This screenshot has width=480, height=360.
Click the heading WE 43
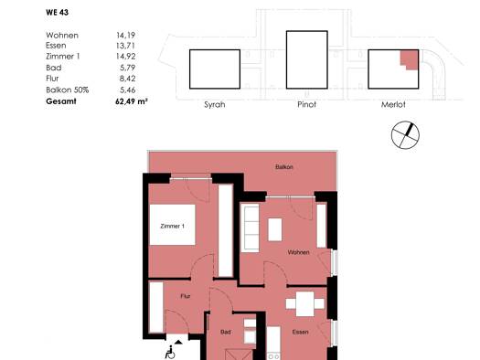pyautogui.click(x=58, y=13)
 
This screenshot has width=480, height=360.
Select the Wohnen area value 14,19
pyautogui.click(x=126, y=35)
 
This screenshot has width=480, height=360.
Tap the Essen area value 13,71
pyautogui.click(x=126, y=46)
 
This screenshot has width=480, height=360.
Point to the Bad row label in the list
pyautogui.click(x=54, y=68)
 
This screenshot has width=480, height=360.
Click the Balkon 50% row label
pyautogui.click(x=68, y=90)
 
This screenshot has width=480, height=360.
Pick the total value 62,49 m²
pyautogui.click(x=132, y=101)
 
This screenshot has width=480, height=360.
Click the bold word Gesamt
pyautogui.click(x=61, y=101)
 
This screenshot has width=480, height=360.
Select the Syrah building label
pyautogui.click(x=215, y=104)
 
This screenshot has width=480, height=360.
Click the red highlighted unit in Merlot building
pyautogui.click(x=410, y=59)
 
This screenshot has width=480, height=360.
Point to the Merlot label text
pyautogui.click(x=393, y=104)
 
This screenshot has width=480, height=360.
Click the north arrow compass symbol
pyautogui.click(x=405, y=135)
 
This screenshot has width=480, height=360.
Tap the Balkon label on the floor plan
pyautogui.click(x=284, y=167)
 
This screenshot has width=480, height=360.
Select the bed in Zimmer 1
pyautogui.click(x=173, y=225)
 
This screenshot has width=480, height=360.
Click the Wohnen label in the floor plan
pyautogui.click(x=298, y=252)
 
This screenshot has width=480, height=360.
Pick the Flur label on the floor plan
pyautogui.click(x=186, y=296)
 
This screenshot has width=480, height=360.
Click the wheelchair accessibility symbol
pyautogui.click(x=170, y=352)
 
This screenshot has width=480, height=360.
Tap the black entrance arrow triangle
pyautogui.click(x=178, y=342)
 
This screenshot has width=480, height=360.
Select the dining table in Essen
pyautogui.click(x=304, y=304)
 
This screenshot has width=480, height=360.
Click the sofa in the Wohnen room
pyautogui.click(x=251, y=228)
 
